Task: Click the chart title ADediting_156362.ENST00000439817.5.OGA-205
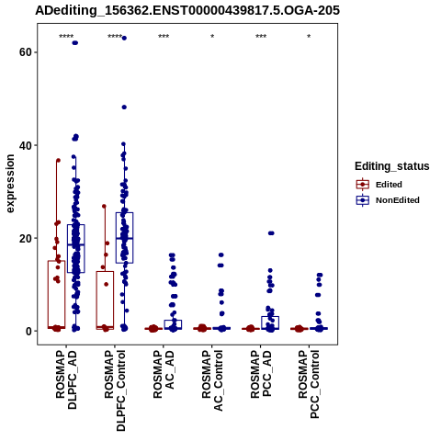click(187, 10)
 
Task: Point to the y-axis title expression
click(10, 184)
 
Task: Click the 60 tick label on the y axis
click(26, 52)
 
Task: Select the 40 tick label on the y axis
click(26, 145)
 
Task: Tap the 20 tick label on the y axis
click(26, 238)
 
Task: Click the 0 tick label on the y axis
click(29, 331)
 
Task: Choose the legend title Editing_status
click(392, 166)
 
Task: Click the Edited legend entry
click(389, 185)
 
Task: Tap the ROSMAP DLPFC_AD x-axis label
click(66, 379)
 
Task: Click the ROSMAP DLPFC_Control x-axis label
click(115, 390)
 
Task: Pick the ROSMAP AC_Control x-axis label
click(212, 380)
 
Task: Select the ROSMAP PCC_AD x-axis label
click(261, 374)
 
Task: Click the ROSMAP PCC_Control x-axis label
click(309, 384)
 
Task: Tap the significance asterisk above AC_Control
click(212, 37)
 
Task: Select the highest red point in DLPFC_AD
click(58, 160)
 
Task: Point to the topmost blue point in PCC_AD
click(271, 233)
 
